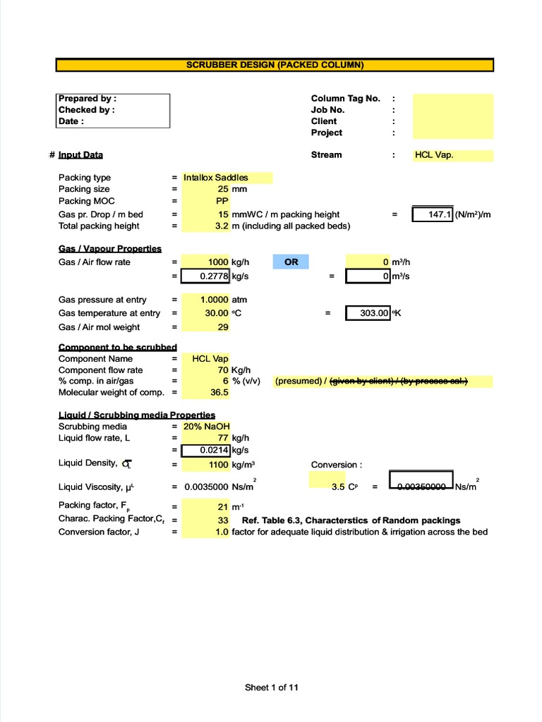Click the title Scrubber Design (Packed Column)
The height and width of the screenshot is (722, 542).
(x=275, y=65)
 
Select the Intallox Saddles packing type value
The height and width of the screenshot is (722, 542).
(x=216, y=178)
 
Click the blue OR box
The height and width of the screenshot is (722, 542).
(x=291, y=262)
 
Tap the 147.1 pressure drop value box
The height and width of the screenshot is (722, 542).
(x=433, y=214)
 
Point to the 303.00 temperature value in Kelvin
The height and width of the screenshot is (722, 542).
(x=368, y=313)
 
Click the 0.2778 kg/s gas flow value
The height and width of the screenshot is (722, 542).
(x=206, y=276)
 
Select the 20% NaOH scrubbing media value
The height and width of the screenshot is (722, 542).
(x=207, y=427)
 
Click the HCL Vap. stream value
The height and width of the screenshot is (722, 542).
(x=434, y=155)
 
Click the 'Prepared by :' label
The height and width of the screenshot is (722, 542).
(x=88, y=99)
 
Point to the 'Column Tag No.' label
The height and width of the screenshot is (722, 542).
(x=345, y=99)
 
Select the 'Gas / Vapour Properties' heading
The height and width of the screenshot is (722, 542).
(x=110, y=249)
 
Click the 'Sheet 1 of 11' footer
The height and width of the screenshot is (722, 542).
(x=272, y=687)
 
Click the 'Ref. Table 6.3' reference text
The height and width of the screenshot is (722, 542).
(x=351, y=520)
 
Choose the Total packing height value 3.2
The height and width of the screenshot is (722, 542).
(x=222, y=226)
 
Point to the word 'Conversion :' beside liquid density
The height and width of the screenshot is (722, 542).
(x=337, y=465)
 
